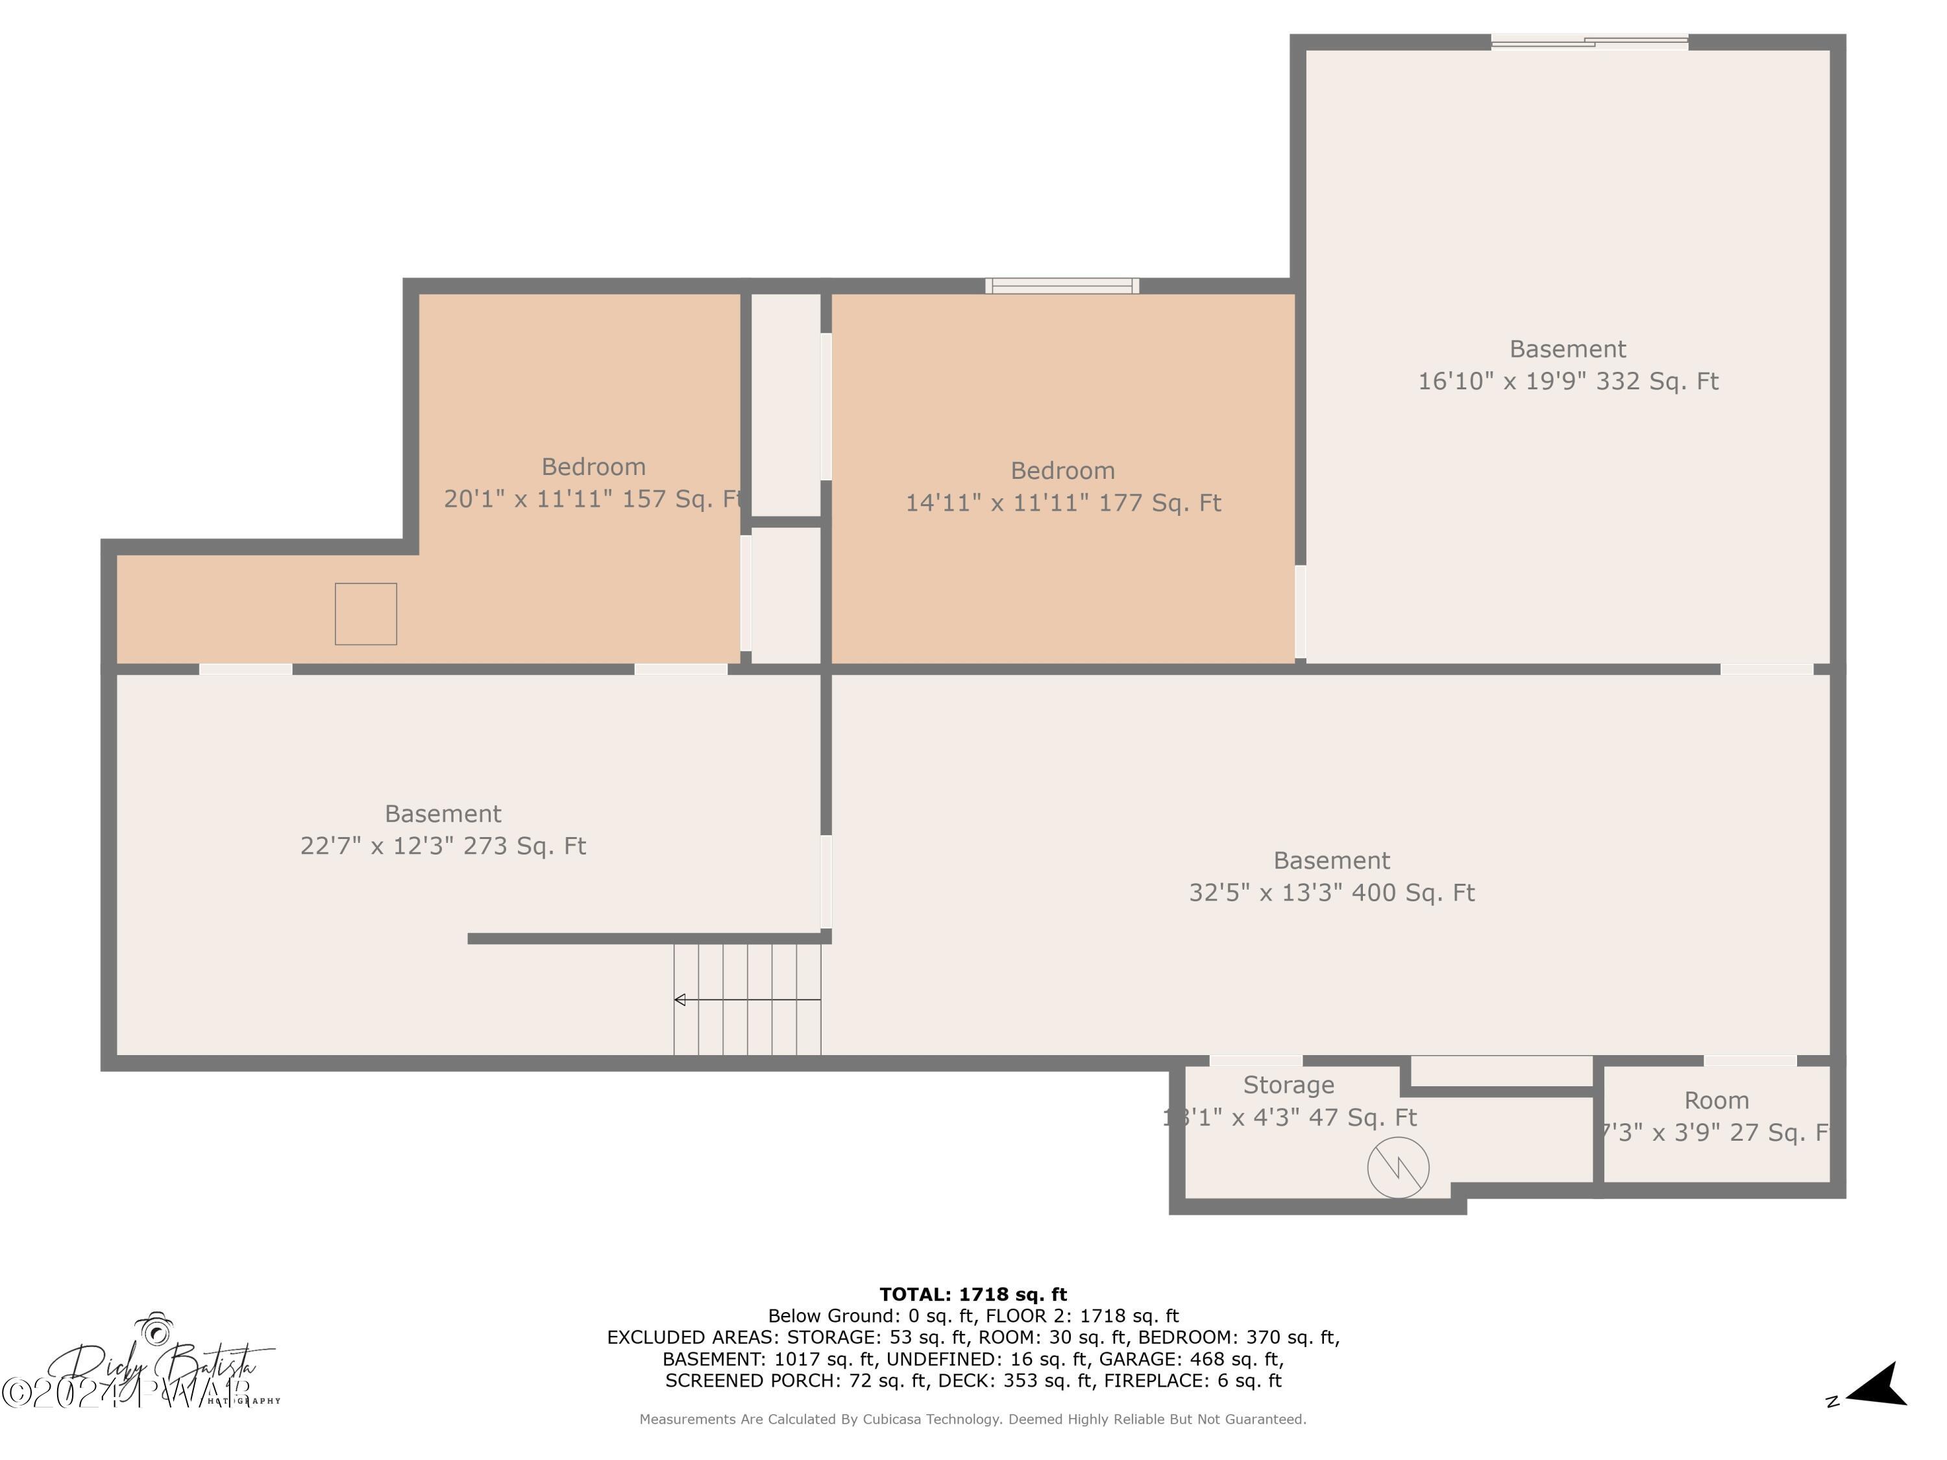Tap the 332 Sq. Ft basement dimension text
point(1567,381)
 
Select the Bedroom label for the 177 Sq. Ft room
point(1062,471)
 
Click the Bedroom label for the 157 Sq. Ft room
point(593,467)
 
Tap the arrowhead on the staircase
point(680,1000)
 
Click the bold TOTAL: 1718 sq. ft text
point(973,1295)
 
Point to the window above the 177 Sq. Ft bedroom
point(1062,285)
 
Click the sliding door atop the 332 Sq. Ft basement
point(1589,40)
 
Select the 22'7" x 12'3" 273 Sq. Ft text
point(443,846)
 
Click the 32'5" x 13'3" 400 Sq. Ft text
point(1331,892)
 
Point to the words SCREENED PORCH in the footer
point(752,1380)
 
